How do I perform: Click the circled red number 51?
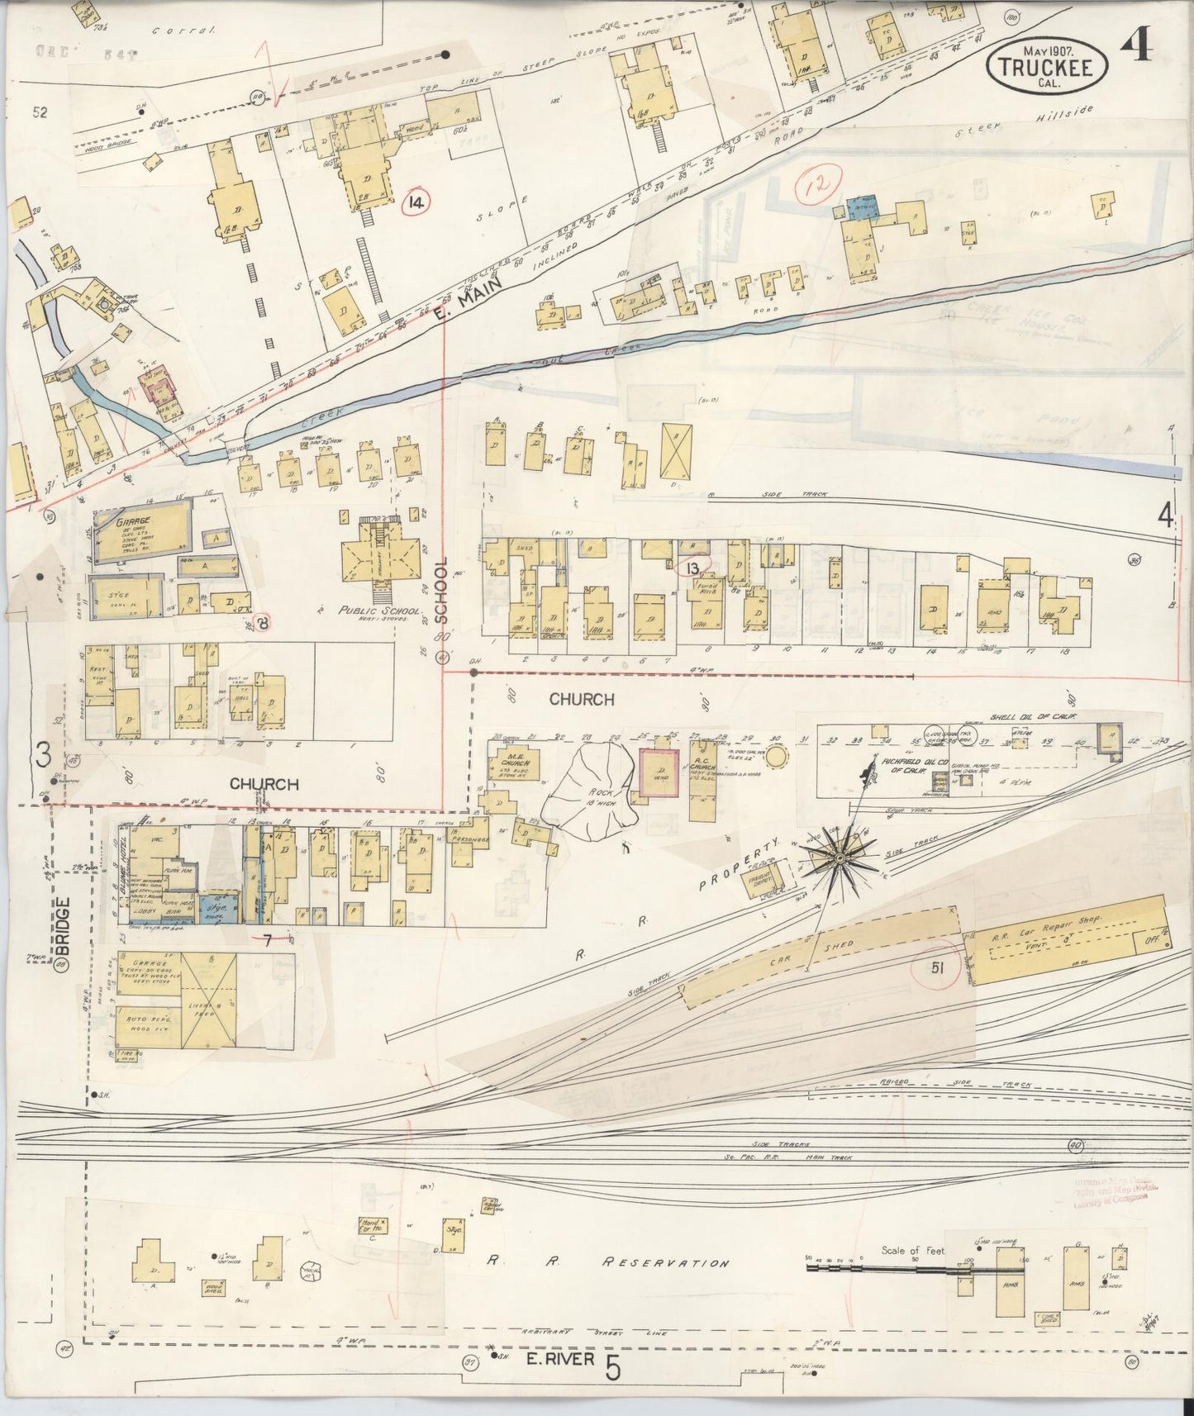[936, 968]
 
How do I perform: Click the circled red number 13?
[692, 567]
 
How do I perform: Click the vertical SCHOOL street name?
[441, 590]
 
